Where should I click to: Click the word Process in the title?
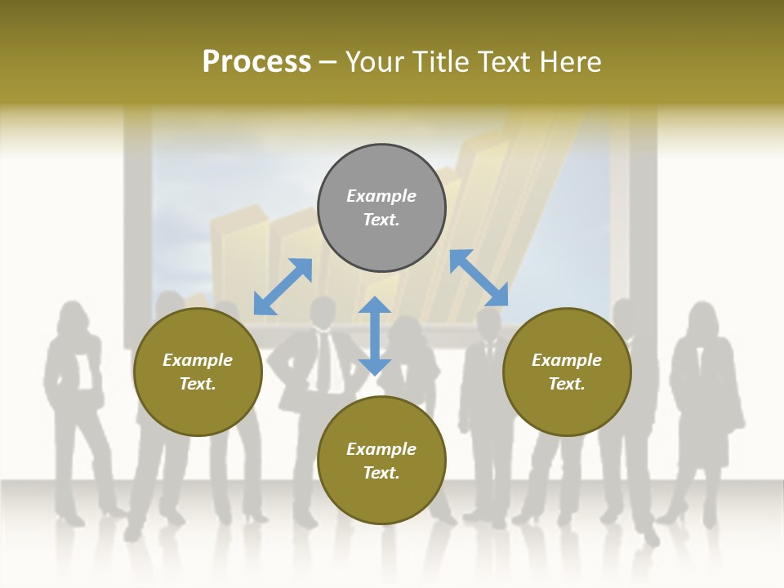point(256,62)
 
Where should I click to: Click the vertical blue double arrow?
point(375,336)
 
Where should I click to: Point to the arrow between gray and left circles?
point(283,287)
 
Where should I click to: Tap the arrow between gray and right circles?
point(479,278)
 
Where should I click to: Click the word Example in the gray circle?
point(381,196)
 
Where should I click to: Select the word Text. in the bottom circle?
point(381,473)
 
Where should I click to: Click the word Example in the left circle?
point(198,360)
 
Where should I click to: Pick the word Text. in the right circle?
point(567,384)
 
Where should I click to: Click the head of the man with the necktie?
point(323,312)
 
